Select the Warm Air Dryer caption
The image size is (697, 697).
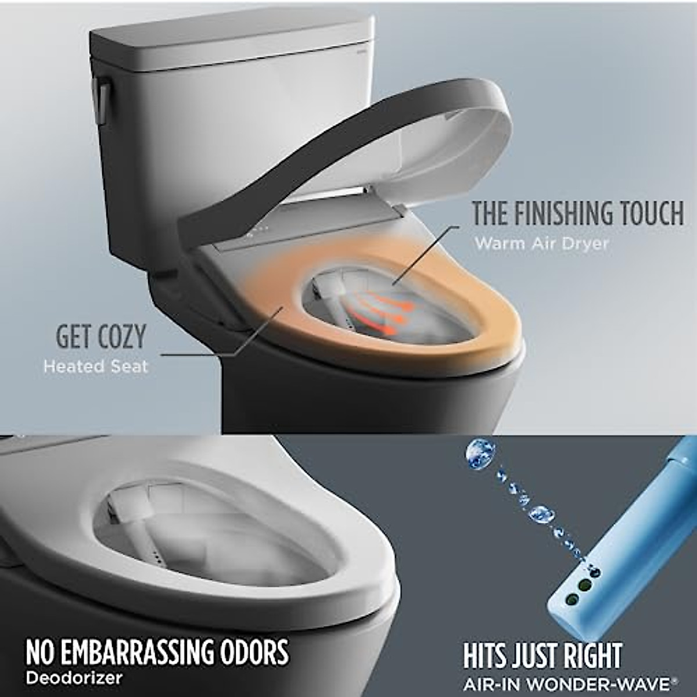click(x=541, y=243)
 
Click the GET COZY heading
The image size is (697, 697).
click(x=100, y=337)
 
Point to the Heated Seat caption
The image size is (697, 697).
click(x=96, y=367)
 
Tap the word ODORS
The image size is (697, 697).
click(x=256, y=652)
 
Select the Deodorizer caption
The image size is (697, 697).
click(x=74, y=677)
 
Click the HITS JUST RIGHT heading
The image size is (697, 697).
click(x=542, y=656)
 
